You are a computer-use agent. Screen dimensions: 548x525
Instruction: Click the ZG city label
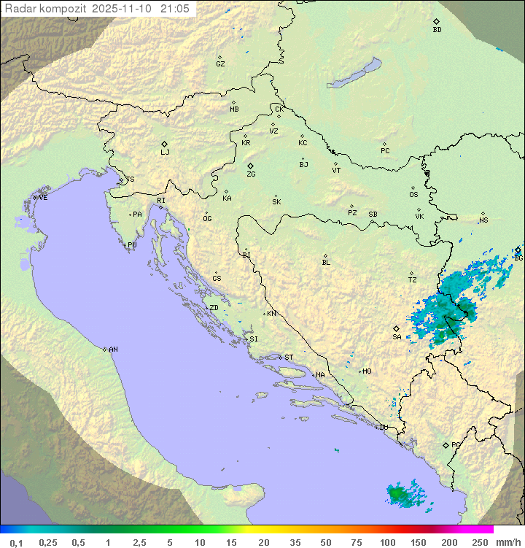click(x=251, y=175)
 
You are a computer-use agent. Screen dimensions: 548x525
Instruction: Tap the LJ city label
click(x=165, y=153)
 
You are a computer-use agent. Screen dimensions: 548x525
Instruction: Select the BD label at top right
click(x=437, y=30)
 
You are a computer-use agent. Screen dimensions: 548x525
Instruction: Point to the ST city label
click(x=289, y=358)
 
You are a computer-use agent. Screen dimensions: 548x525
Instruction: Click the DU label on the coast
click(x=383, y=428)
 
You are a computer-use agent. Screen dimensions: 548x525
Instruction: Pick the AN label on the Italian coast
click(x=113, y=350)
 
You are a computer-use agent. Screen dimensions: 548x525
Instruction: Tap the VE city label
click(x=43, y=198)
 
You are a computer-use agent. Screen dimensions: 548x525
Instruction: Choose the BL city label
click(x=326, y=263)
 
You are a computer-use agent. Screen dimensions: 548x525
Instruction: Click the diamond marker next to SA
click(x=396, y=328)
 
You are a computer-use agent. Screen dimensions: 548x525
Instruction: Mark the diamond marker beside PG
click(x=446, y=445)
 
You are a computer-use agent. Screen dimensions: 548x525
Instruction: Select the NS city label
click(x=483, y=220)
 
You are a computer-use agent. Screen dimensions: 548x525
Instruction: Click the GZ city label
click(x=220, y=64)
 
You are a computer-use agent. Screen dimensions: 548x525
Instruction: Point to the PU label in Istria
click(x=132, y=245)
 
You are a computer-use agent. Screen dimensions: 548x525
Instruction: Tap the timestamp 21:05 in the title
click(x=175, y=8)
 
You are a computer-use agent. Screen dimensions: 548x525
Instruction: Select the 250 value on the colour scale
click(x=479, y=542)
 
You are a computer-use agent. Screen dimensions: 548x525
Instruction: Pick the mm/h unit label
click(x=507, y=542)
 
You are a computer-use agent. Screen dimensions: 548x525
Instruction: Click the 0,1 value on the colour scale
click(x=17, y=542)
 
